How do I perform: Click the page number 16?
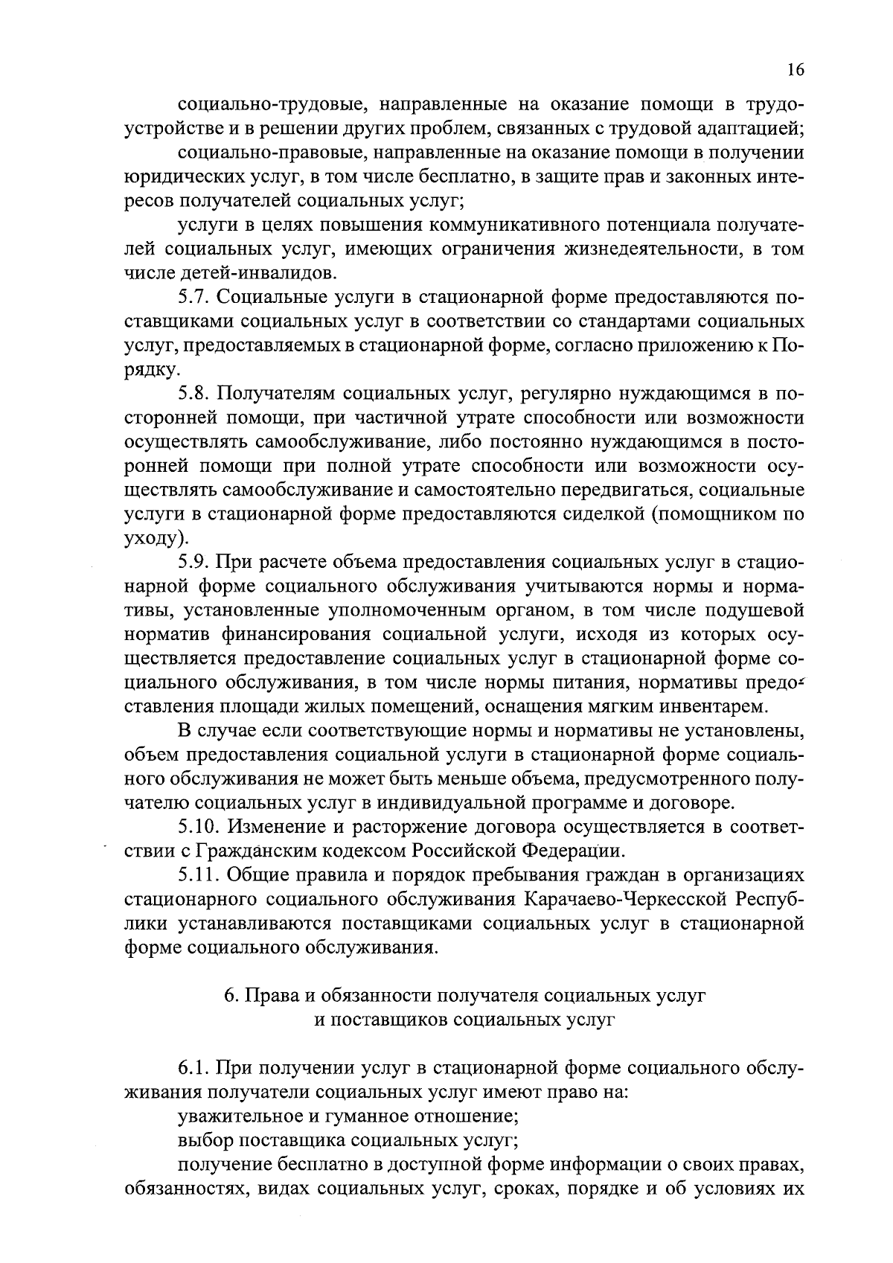click(794, 70)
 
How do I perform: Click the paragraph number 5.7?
click(195, 298)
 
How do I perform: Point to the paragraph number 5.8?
click(195, 394)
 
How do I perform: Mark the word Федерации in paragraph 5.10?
click(574, 851)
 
